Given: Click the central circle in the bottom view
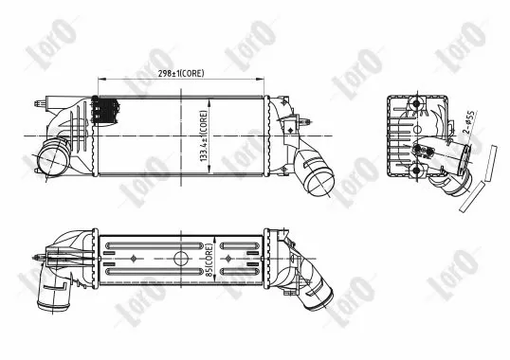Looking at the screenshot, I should [x=180, y=259].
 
